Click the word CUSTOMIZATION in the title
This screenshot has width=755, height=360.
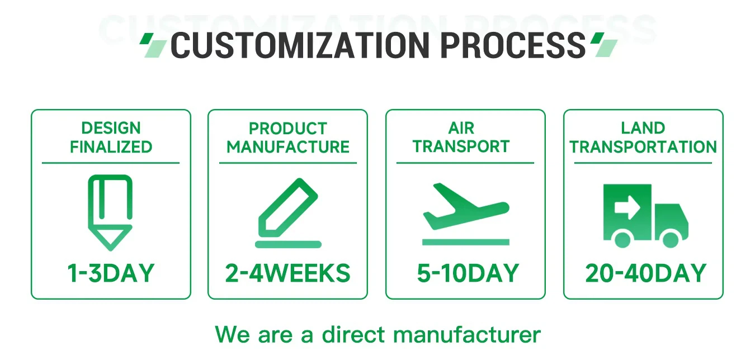tap(302, 46)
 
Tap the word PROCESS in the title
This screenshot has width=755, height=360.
tap(513, 46)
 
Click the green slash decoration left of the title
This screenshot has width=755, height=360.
tap(153, 45)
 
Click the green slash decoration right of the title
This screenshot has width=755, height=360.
tap(604, 45)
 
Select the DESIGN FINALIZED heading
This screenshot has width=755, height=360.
tap(111, 137)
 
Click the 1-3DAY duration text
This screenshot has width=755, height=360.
tap(111, 273)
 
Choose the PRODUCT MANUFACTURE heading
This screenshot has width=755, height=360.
tap(287, 137)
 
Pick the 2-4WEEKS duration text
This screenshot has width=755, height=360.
tap(287, 273)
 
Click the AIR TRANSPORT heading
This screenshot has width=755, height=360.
tap(461, 137)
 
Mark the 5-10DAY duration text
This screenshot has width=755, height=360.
tap(468, 273)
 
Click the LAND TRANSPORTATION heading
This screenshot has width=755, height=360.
tap(643, 137)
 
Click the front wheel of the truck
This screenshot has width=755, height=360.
tap(670, 239)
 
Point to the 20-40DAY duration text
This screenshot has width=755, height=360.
tap(645, 273)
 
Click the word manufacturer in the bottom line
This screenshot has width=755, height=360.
tap(467, 335)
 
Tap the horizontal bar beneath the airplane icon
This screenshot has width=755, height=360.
tap(465, 242)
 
